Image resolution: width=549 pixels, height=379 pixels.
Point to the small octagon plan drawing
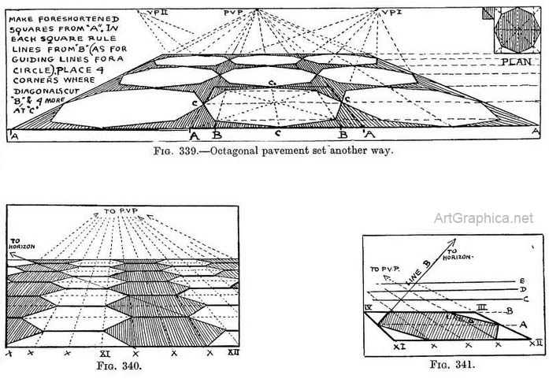(514, 31)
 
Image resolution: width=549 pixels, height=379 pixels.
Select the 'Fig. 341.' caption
(451, 365)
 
